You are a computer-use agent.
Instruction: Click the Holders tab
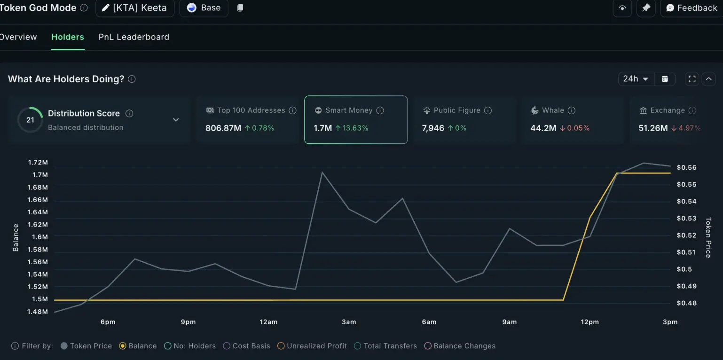point(68,37)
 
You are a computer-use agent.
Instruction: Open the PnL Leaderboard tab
point(134,37)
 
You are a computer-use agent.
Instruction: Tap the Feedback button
point(692,8)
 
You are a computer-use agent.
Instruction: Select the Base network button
point(204,8)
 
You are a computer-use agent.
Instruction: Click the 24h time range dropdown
point(636,79)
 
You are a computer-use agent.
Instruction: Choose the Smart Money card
point(356,119)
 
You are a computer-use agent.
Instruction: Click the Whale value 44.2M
point(543,128)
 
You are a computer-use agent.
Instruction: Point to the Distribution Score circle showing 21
point(30,120)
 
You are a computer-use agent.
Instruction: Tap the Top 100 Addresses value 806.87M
point(223,128)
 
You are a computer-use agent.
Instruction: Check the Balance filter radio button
point(123,346)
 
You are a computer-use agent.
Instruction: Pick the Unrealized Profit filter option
point(312,346)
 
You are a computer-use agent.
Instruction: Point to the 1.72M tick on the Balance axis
point(38,163)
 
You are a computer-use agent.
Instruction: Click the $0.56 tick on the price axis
point(686,168)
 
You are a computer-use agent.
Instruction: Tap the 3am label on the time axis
point(349,322)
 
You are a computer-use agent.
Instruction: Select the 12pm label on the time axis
point(589,322)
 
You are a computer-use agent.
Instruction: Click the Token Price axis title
point(708,237)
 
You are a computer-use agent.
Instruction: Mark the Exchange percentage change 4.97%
point(689,128)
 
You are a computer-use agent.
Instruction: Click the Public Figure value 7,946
point(433,128)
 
